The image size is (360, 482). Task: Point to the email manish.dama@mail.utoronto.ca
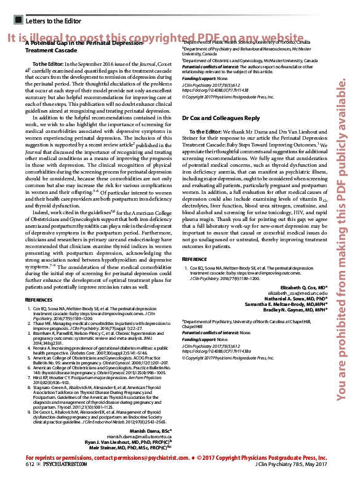142,436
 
